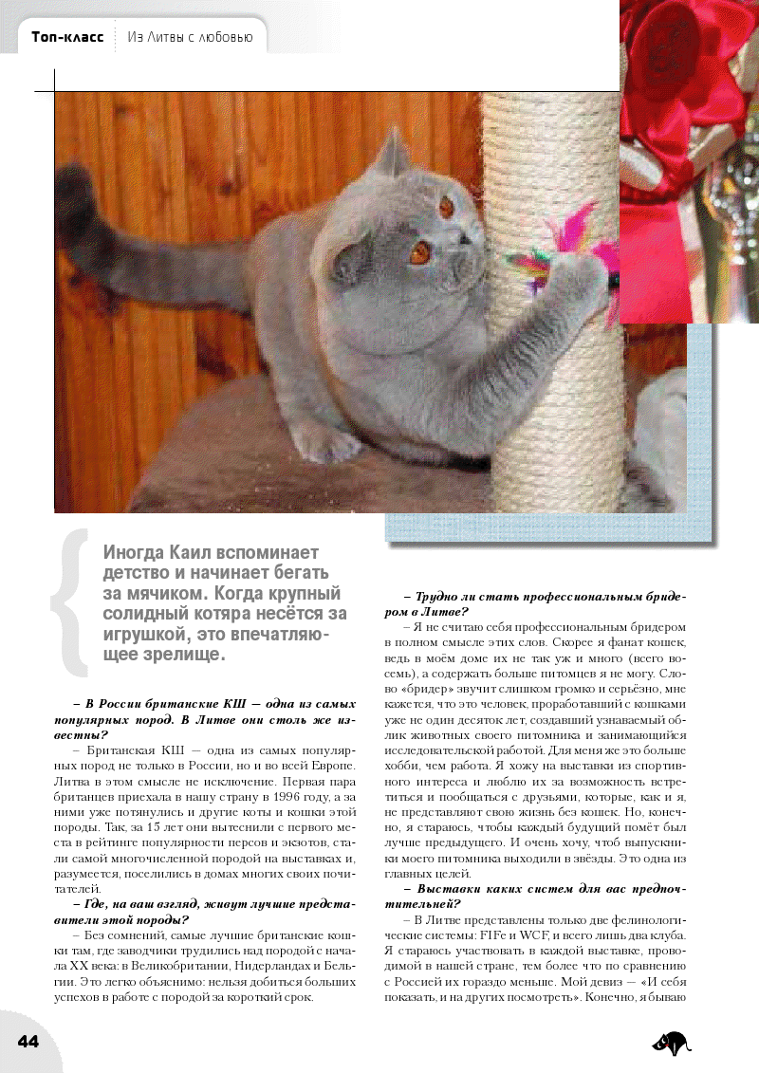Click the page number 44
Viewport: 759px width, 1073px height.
pos(28,1041)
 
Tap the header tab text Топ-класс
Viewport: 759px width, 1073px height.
pos(67,38)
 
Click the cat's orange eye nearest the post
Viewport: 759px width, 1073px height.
pos(445,204)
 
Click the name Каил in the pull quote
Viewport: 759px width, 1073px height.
pos(190,552)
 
